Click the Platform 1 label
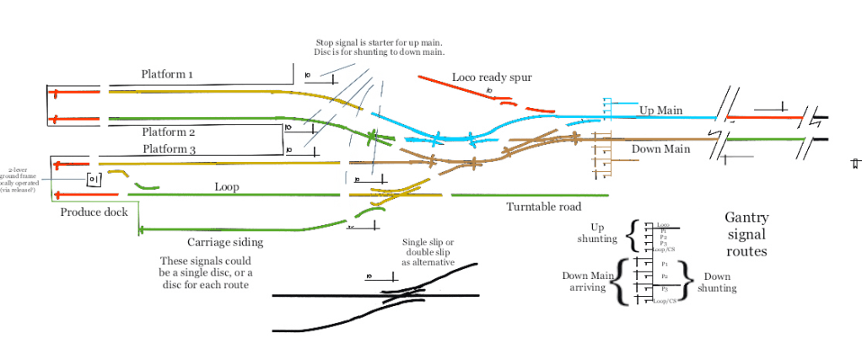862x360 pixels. click(x=167, y=74)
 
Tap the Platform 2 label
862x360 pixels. click(x=168, y=132)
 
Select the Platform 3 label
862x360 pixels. click(x=168, y=149)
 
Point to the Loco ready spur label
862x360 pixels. click(x=492, y=78)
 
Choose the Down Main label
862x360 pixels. click(x=660, y=149)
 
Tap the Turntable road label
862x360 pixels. click(x=544, y=207)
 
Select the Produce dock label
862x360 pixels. click(x=94, y=212)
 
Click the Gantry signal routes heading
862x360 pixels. click(x=746, y=234)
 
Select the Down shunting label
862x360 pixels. click(x=717, y=282)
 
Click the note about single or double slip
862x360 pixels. click(x=428, y=252)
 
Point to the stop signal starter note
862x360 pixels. click(x=380, y=47)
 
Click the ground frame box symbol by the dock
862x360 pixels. click(x=94, y=180)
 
